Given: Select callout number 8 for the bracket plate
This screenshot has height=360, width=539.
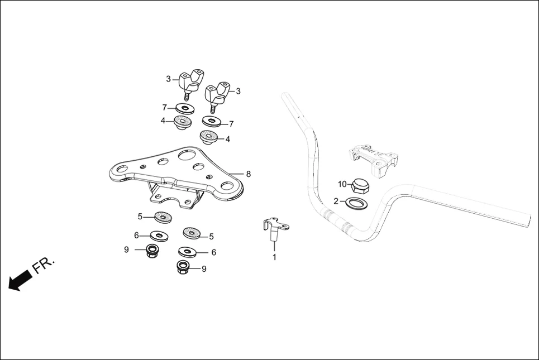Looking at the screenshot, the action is click(x=248, y=174).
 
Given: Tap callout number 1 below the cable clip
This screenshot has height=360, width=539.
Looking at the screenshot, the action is click(x=274, y=257).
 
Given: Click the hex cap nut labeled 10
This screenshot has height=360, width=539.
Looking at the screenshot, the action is click(x=360, y=185).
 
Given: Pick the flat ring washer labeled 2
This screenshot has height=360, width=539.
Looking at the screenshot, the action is click(x=357, y=201).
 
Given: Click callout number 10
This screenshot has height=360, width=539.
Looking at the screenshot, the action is click(x=342, y=184).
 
